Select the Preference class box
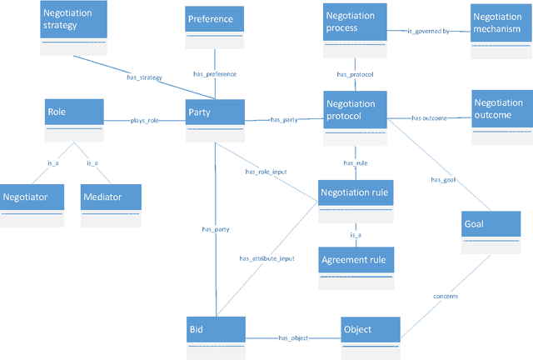point(215,27)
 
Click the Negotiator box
point(32,205)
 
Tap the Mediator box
point(111,205)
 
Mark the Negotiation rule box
point(355,202)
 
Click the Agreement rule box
point(354,267)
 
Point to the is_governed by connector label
point(428,32)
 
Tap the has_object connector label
point(293,337)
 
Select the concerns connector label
point(446,296)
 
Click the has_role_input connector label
point(266,172)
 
